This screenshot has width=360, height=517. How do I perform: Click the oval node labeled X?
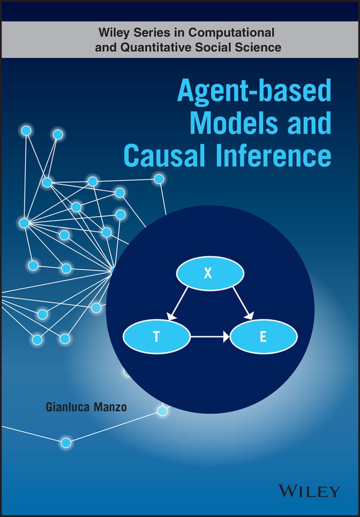[x=210, y=274]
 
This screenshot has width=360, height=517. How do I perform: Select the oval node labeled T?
[x=157, y=337]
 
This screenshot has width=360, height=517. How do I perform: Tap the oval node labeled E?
[x=264, y=337]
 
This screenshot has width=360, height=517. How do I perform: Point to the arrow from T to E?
[x=210, y=337]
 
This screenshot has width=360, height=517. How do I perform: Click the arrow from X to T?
[x=178, y=304]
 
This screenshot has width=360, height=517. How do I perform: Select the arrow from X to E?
[x=242, y=303]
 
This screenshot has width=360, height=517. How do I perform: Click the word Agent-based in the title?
[x=254, y=91]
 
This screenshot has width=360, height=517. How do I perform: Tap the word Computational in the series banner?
[x=232, y=33]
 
